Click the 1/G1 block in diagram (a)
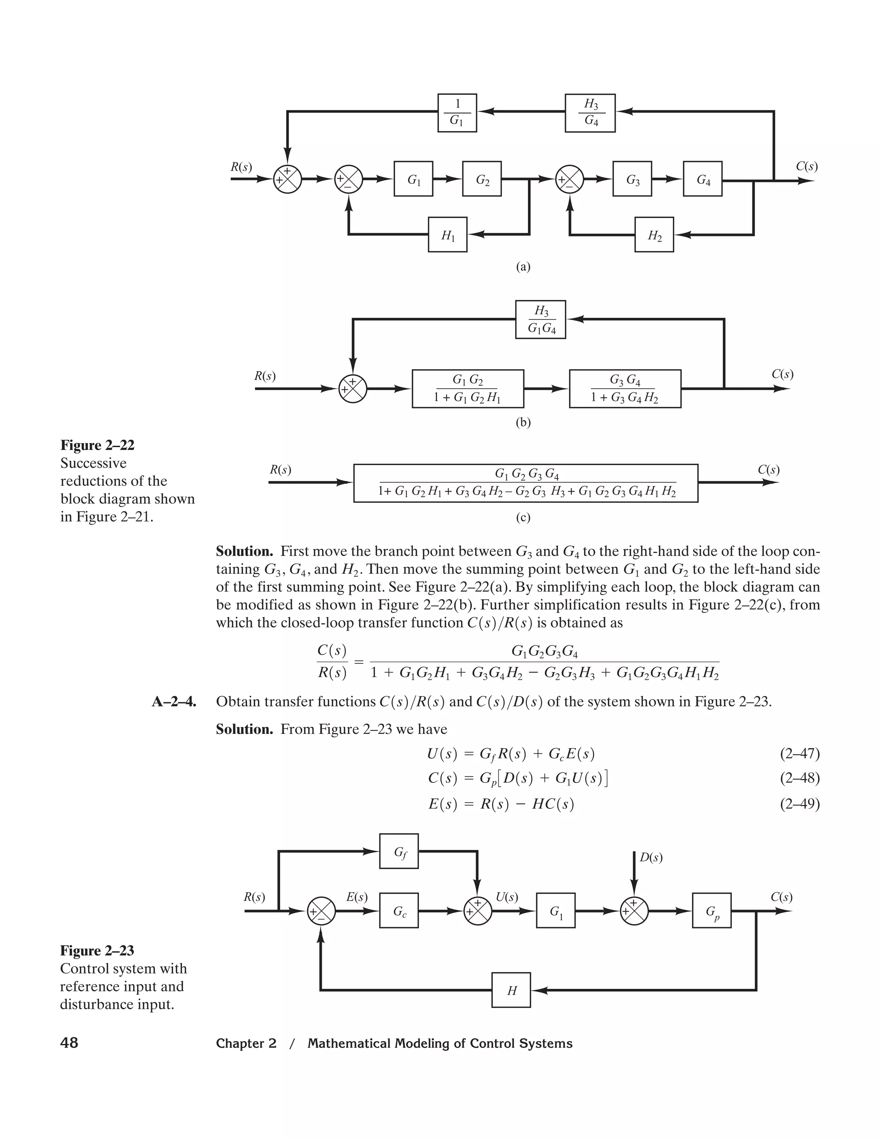pos(457,113)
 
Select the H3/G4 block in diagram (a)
pos(590,113)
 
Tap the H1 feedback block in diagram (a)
pos(447,235)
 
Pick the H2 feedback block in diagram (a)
pos(654,235)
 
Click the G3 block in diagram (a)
pos(632,179)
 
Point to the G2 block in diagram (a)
pos(482,179)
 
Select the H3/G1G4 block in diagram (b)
pos(541,320)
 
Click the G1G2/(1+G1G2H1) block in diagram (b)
pos(467,389)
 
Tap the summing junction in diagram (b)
pos(353,389)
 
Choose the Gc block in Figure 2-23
pos(399,911)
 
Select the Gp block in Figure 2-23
pos(712,911)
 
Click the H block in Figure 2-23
pos(511,990)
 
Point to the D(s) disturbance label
pos(651,857)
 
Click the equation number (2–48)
pos(800,779)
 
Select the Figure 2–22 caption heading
pos(98,445)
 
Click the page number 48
pos(69,1043)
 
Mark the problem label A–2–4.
pos(174,702)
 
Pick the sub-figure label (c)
pos(523,517)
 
